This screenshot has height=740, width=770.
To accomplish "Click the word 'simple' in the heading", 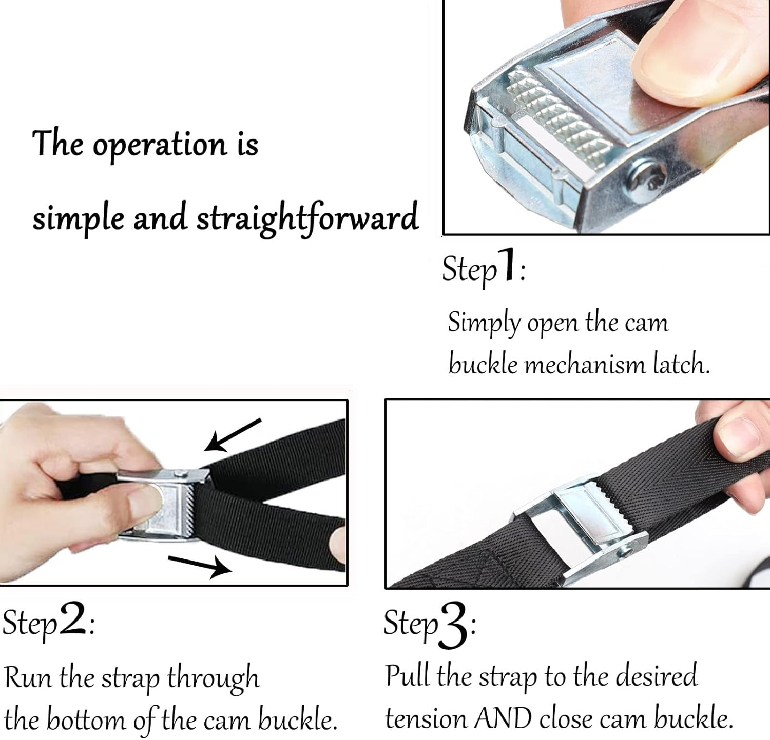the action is [79, 218].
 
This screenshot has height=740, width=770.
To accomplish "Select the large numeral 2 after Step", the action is [72, 619].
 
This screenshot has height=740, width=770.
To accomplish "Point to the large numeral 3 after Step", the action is [454, 625].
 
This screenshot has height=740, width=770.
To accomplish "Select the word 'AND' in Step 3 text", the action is [503, 718].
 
